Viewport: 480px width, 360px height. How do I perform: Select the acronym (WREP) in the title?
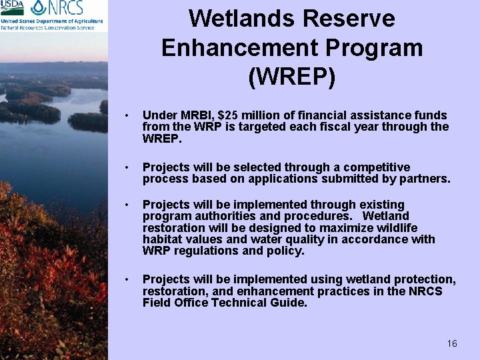[291, 77]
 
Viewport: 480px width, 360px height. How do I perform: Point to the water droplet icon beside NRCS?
[40, 9]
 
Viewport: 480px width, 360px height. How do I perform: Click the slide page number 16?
[452, 343]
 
